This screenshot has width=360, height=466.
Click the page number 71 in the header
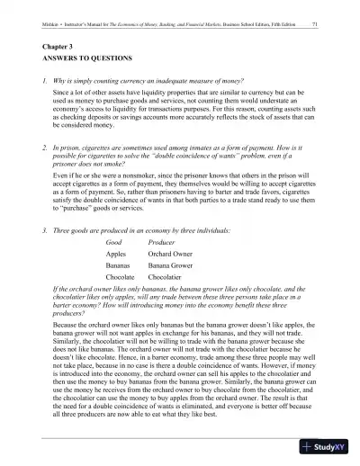[312, 18]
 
